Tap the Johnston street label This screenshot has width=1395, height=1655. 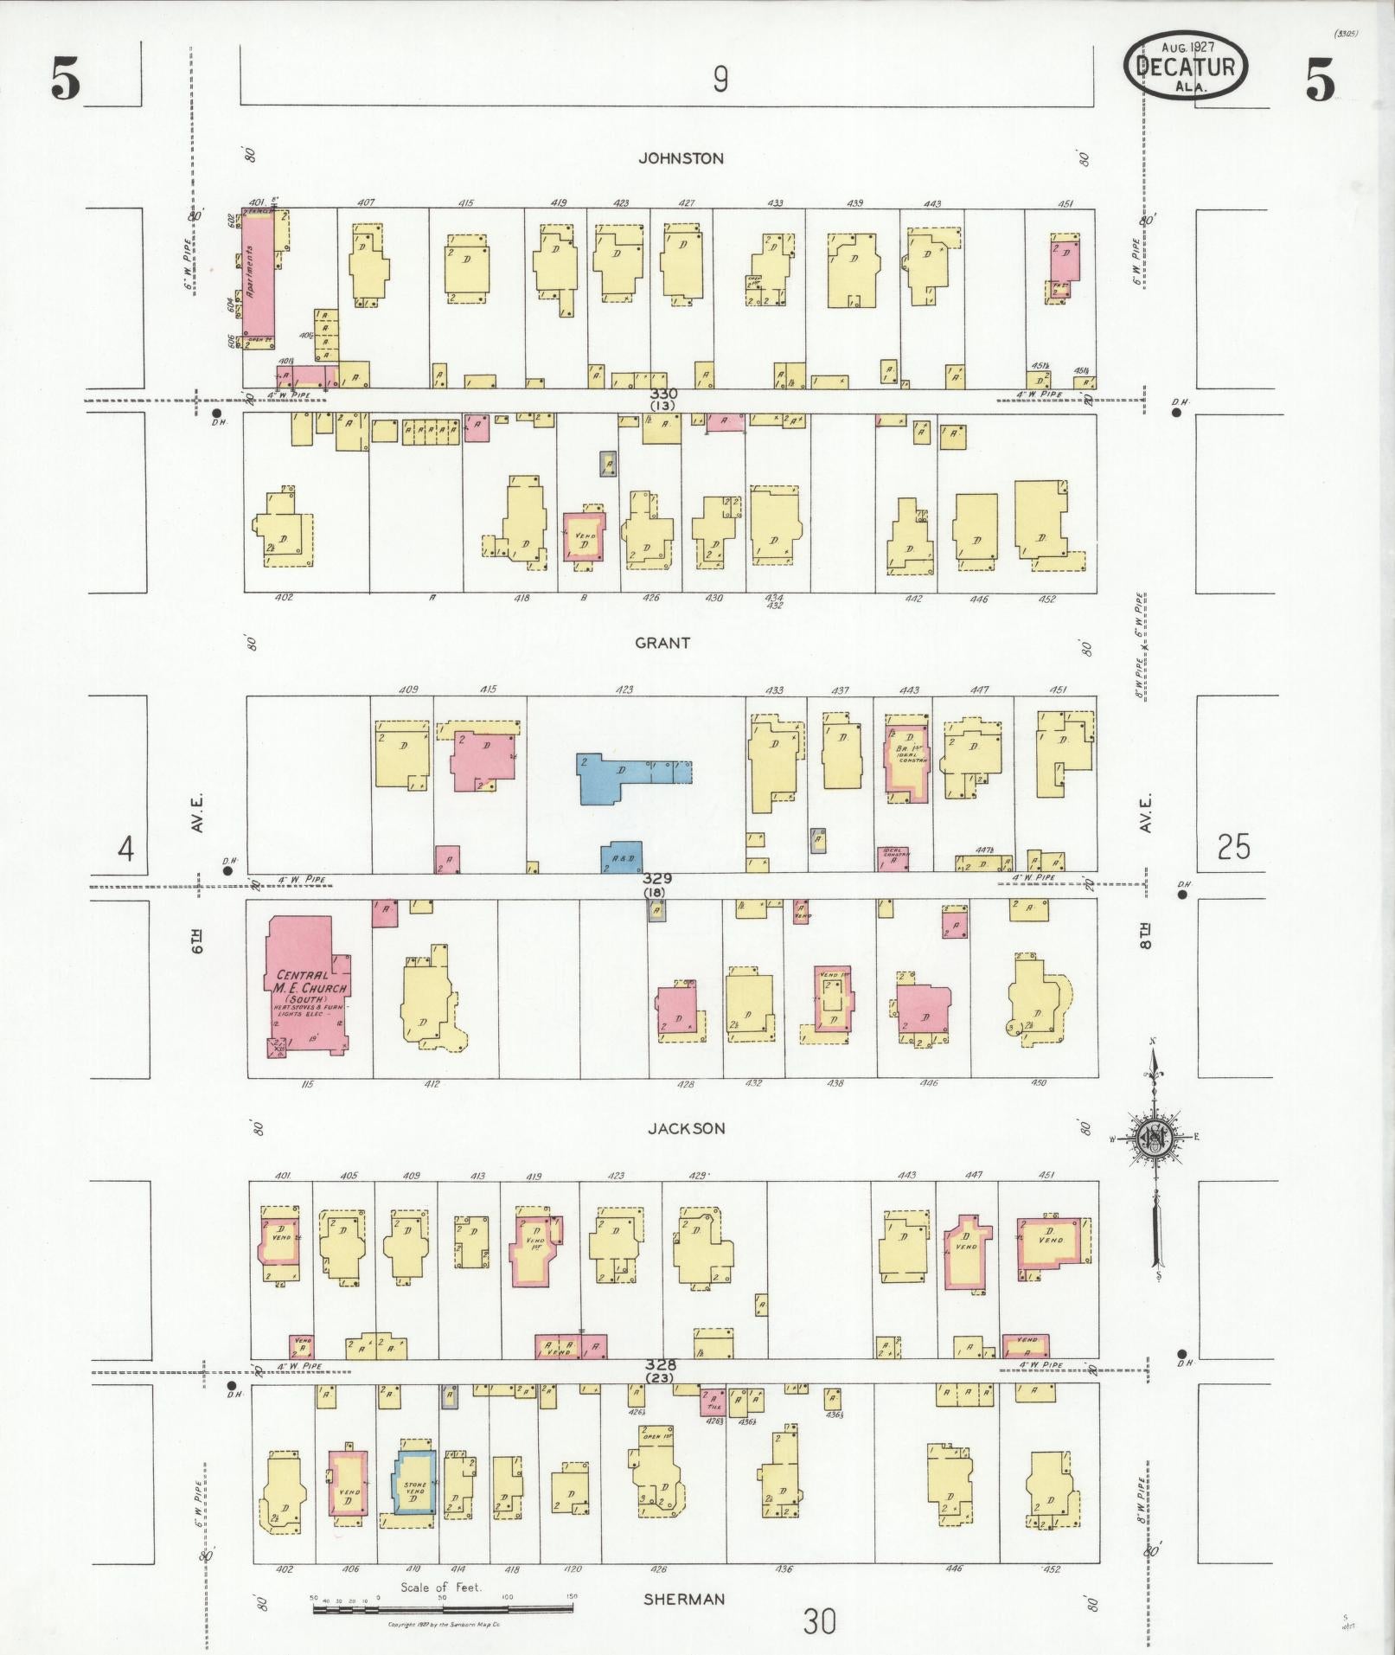(x=681, y=158)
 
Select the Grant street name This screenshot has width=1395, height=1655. (x=662, y=643)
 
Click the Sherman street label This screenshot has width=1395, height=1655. (x=683, y=1599)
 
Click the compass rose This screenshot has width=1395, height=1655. (x=1154, y=1139)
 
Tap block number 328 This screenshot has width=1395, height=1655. (x=660, y=1364)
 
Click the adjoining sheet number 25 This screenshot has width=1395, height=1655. (x=1233, y=847)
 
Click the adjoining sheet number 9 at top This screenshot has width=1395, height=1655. (x=720, y=80)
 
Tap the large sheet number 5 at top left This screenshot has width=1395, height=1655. (x=66, y=83)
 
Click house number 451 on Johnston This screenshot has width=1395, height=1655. (x=1065, y=204)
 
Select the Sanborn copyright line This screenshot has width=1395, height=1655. (x=445, y=1625)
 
